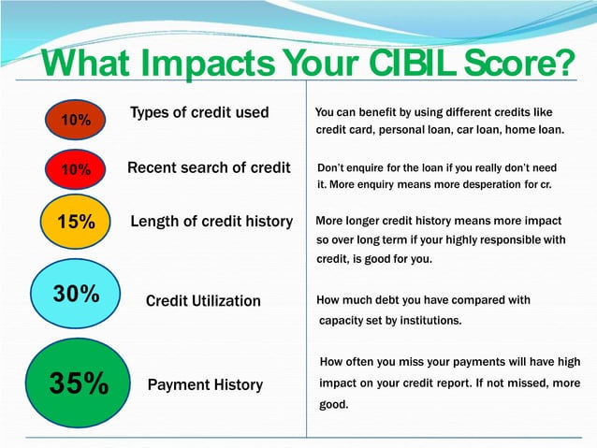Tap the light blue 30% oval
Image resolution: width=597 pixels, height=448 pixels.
[x=76, y=294]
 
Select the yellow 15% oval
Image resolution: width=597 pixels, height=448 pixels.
[x=76, y=222]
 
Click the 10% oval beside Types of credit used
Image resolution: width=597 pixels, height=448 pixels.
[x=76, y=120]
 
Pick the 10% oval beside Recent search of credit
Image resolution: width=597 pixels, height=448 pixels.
[x=76, y=169]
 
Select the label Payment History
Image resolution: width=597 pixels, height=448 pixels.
[x=205, y=385]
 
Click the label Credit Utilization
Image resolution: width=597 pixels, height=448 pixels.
[x=203, y=301]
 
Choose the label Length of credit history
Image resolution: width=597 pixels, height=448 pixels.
[x=211, y=222]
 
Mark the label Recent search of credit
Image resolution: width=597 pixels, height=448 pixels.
[x=209, y=168]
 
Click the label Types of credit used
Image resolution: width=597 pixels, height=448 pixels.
[x=199, y=113]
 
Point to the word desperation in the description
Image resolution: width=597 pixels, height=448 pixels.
[x=491, y=185]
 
